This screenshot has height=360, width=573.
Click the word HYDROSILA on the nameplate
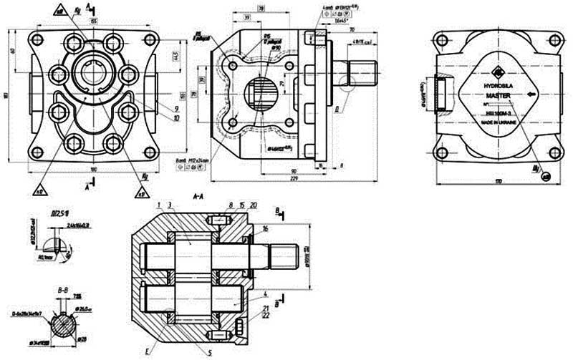click(x=499, y=84)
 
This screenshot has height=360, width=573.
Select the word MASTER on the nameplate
click(x=499, y=94)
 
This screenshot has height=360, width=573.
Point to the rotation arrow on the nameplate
click(x=531, y=94)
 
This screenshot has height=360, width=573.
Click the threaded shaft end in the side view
click(x=363, y=74)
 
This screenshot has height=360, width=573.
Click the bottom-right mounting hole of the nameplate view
click(x=552, y=152)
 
